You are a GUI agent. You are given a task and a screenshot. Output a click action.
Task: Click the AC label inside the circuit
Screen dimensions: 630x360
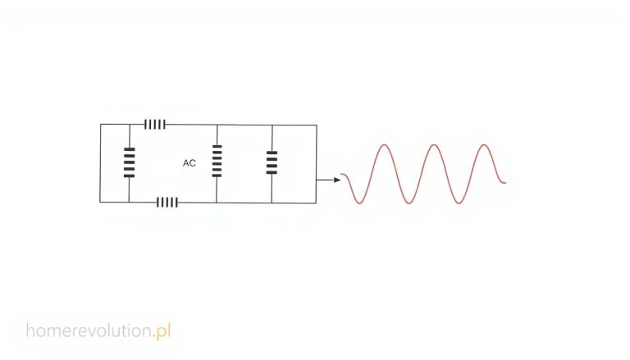[189, 163]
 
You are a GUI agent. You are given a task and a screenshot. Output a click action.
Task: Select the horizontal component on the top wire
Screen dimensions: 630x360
[155, 124]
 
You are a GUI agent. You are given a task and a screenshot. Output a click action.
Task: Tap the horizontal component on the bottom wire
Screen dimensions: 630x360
[167, 202]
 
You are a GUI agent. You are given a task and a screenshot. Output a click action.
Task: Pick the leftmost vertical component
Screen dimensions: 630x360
[129, 162]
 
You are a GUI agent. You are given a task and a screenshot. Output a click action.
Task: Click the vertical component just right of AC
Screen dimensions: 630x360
[217, 161]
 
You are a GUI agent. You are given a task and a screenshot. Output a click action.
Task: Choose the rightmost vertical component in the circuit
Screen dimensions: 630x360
[272, 162]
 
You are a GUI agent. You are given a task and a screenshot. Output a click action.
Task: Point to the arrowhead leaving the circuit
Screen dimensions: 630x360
[337, 180]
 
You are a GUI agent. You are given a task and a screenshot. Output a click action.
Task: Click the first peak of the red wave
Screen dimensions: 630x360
[385, 144]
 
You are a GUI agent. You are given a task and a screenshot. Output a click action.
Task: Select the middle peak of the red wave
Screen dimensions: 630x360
[434, 144]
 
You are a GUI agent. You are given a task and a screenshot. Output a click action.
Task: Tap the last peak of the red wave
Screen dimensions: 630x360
[484, 144]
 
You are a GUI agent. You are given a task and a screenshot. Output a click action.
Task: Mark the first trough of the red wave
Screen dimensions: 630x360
[359, 203]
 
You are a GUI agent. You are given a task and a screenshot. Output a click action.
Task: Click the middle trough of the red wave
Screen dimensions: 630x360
[409, 203]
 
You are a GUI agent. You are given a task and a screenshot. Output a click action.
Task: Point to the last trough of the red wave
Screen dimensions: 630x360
[459, 203]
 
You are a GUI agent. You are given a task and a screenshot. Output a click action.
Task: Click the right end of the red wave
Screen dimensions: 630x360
[506, 183]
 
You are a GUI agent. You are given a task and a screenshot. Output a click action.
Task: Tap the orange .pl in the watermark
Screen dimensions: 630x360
[162, 331]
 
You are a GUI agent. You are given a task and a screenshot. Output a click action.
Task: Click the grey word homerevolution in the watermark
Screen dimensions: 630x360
[89, 330]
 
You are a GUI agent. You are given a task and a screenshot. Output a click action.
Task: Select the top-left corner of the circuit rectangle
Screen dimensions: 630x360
[100, 124]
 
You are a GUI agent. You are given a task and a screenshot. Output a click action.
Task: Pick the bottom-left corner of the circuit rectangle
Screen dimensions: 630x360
[100, 202]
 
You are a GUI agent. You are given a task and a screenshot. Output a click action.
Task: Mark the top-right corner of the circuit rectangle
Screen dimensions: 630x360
[317, 125]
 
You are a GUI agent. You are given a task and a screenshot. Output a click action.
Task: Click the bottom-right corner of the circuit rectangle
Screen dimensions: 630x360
[316, 203]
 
